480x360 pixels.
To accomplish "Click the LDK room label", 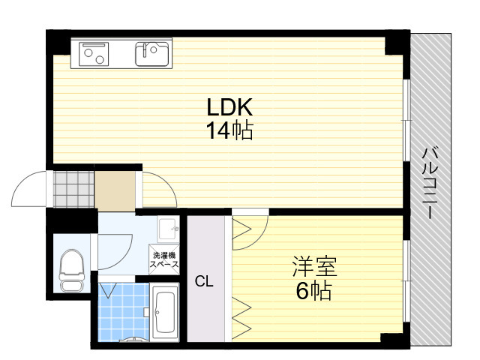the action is pos(230,106).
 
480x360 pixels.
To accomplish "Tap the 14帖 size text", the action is pos(230,130).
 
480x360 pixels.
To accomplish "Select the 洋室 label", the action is pos(315,266).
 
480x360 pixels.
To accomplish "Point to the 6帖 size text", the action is pos(313,290).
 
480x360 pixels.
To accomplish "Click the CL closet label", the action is pos(204,281).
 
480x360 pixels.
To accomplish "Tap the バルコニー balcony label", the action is pos(430,183).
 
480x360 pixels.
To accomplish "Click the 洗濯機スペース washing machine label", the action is pos(164,259).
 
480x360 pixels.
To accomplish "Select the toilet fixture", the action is pos(72,270).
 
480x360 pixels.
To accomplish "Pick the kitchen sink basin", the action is pos(152,54).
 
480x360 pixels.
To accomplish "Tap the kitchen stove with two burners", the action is pos(94,54).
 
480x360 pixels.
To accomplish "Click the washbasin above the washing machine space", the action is pos(168,229).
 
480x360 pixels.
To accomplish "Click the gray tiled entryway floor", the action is pos(73,189).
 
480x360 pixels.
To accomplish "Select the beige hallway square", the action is pos(115,190).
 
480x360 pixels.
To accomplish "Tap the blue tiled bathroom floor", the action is pos(123,311).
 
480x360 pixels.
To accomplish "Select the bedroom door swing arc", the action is pos(260,238).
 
